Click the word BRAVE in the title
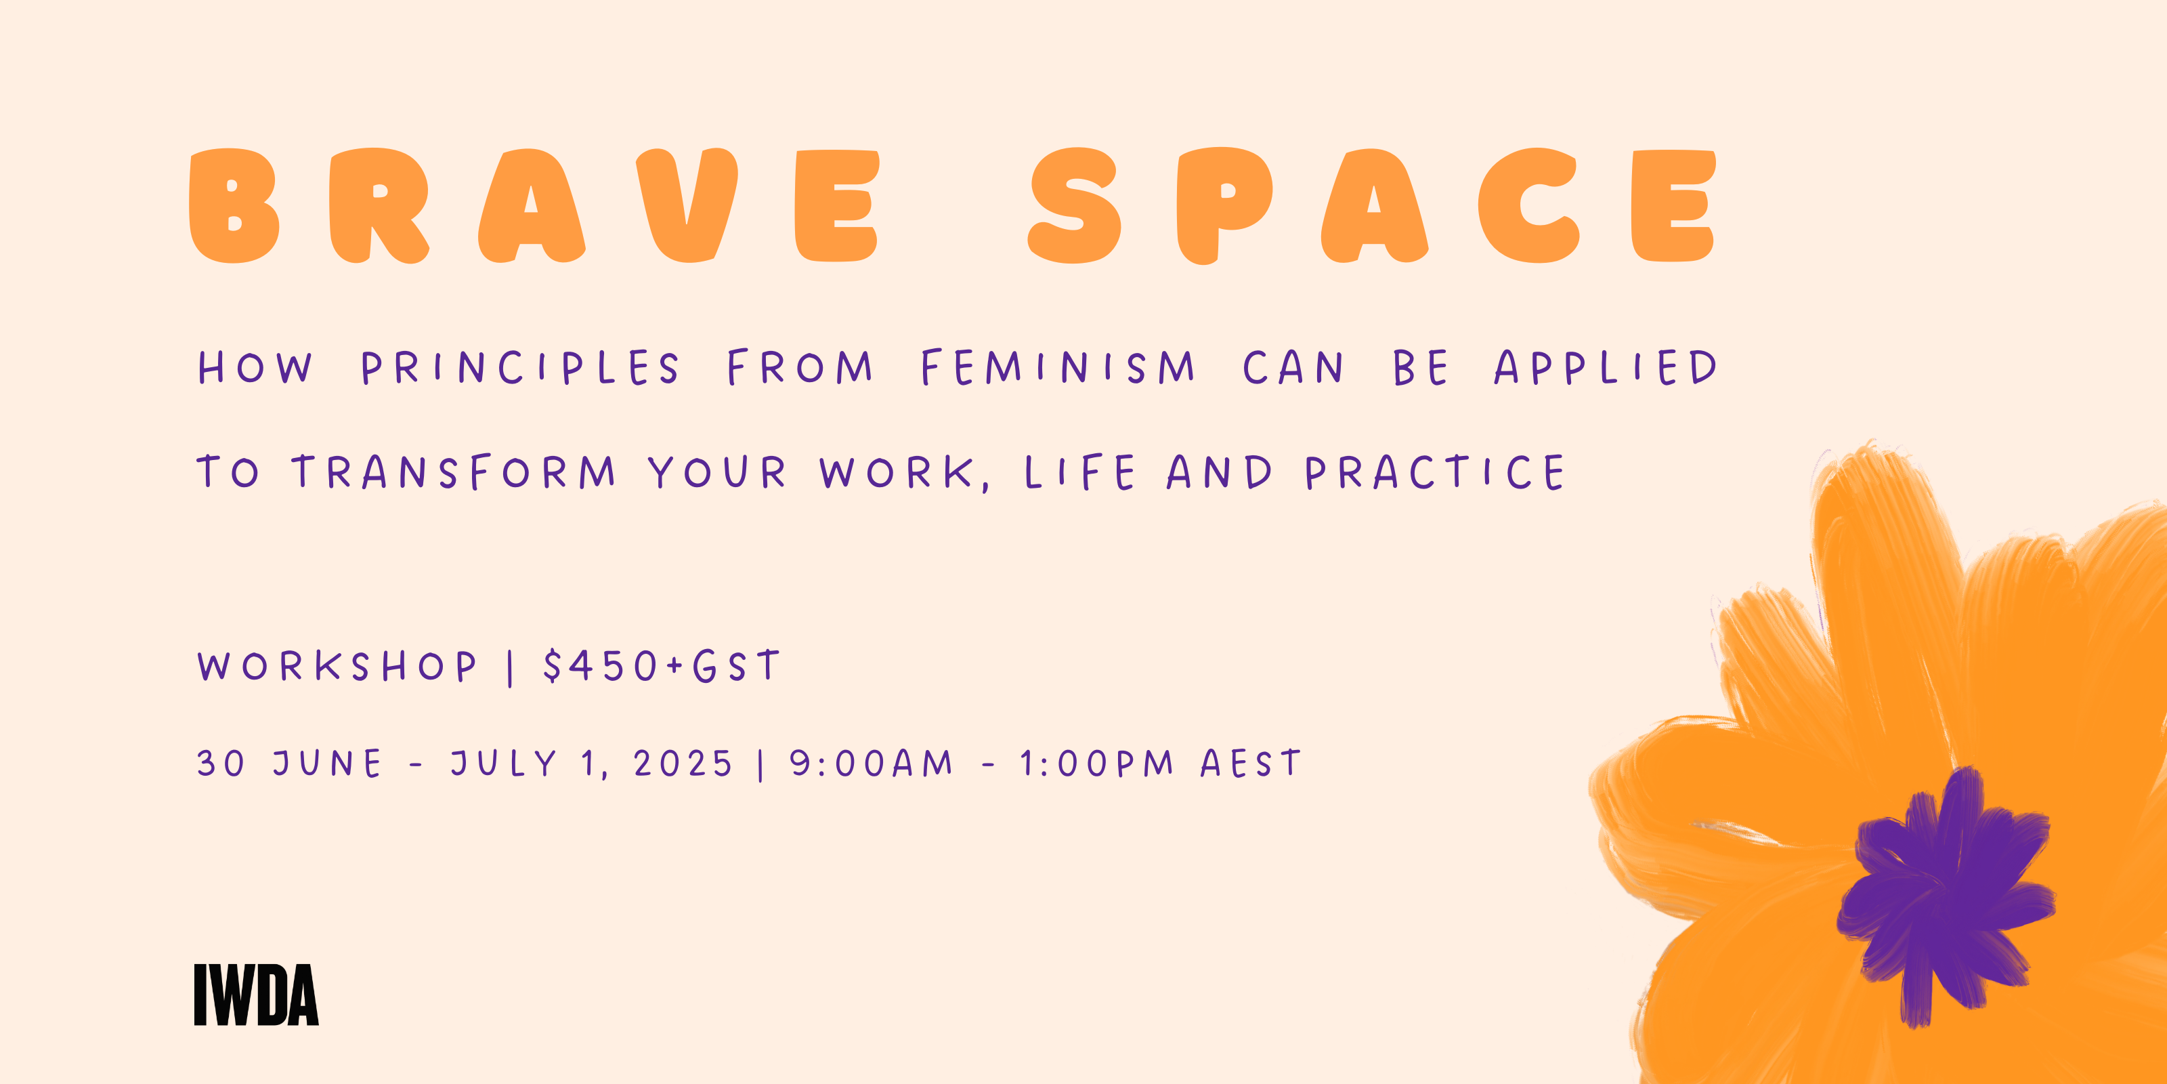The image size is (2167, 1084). coord(535,205)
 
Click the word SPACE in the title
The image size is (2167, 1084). coord(1372,205)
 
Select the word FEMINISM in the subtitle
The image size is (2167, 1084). coord(1057,368)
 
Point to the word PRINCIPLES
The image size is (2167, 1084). coord(520,368)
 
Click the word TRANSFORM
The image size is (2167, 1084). coord(454,472)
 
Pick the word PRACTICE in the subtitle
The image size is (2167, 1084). coord(1435,472)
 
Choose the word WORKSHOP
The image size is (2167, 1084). coord(337,667)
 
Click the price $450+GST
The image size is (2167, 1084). coord(662,666)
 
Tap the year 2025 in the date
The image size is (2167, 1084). coord(683,764)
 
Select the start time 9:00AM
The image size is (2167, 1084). coord(872,764)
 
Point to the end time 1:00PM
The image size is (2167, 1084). coord(1097,764)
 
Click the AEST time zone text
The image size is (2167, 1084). coord(1251,764)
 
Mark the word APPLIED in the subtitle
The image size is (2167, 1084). coord(1605,368)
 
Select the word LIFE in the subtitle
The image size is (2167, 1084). coord(1080,472)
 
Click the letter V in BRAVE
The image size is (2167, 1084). coord(687,205)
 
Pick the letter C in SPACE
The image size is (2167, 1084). coord(1528,205)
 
